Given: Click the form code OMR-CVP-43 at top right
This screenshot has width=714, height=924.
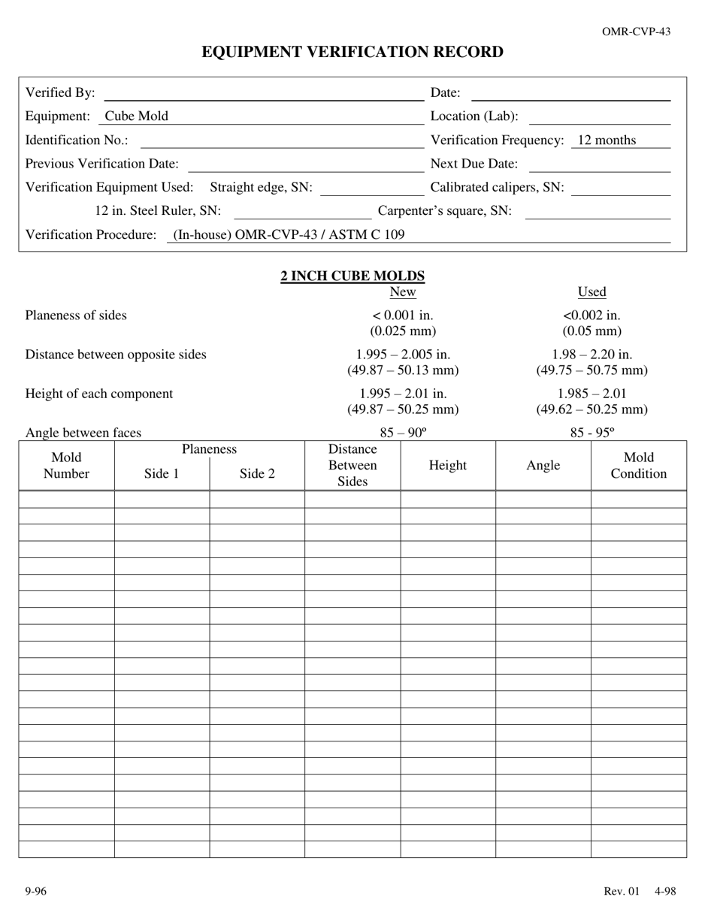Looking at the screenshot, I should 636,32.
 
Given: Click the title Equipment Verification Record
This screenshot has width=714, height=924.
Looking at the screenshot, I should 352,52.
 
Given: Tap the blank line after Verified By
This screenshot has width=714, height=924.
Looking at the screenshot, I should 263,94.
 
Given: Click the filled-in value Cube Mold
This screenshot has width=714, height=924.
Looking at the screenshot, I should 136,116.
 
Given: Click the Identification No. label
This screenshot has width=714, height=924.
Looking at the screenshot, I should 77,140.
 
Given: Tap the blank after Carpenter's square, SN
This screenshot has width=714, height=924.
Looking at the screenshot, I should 597,213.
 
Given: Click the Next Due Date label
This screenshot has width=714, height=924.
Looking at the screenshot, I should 473,164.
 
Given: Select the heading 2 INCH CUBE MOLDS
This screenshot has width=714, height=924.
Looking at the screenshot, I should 352,276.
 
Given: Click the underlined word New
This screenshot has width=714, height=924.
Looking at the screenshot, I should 403,292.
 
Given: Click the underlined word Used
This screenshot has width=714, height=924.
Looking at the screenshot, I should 591,292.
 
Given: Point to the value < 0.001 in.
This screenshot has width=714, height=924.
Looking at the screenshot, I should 403,316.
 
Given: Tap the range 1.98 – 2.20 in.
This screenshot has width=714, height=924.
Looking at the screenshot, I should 591,355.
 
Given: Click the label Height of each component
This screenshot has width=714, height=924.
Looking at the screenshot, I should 99,394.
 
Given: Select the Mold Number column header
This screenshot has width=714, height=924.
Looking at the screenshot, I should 66,466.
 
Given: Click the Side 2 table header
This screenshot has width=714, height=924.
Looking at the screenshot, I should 257,474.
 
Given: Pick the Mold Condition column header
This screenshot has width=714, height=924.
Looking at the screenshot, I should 638,466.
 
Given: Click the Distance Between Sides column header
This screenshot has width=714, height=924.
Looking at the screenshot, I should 352,466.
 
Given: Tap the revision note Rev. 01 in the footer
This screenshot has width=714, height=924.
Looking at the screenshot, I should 622,892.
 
